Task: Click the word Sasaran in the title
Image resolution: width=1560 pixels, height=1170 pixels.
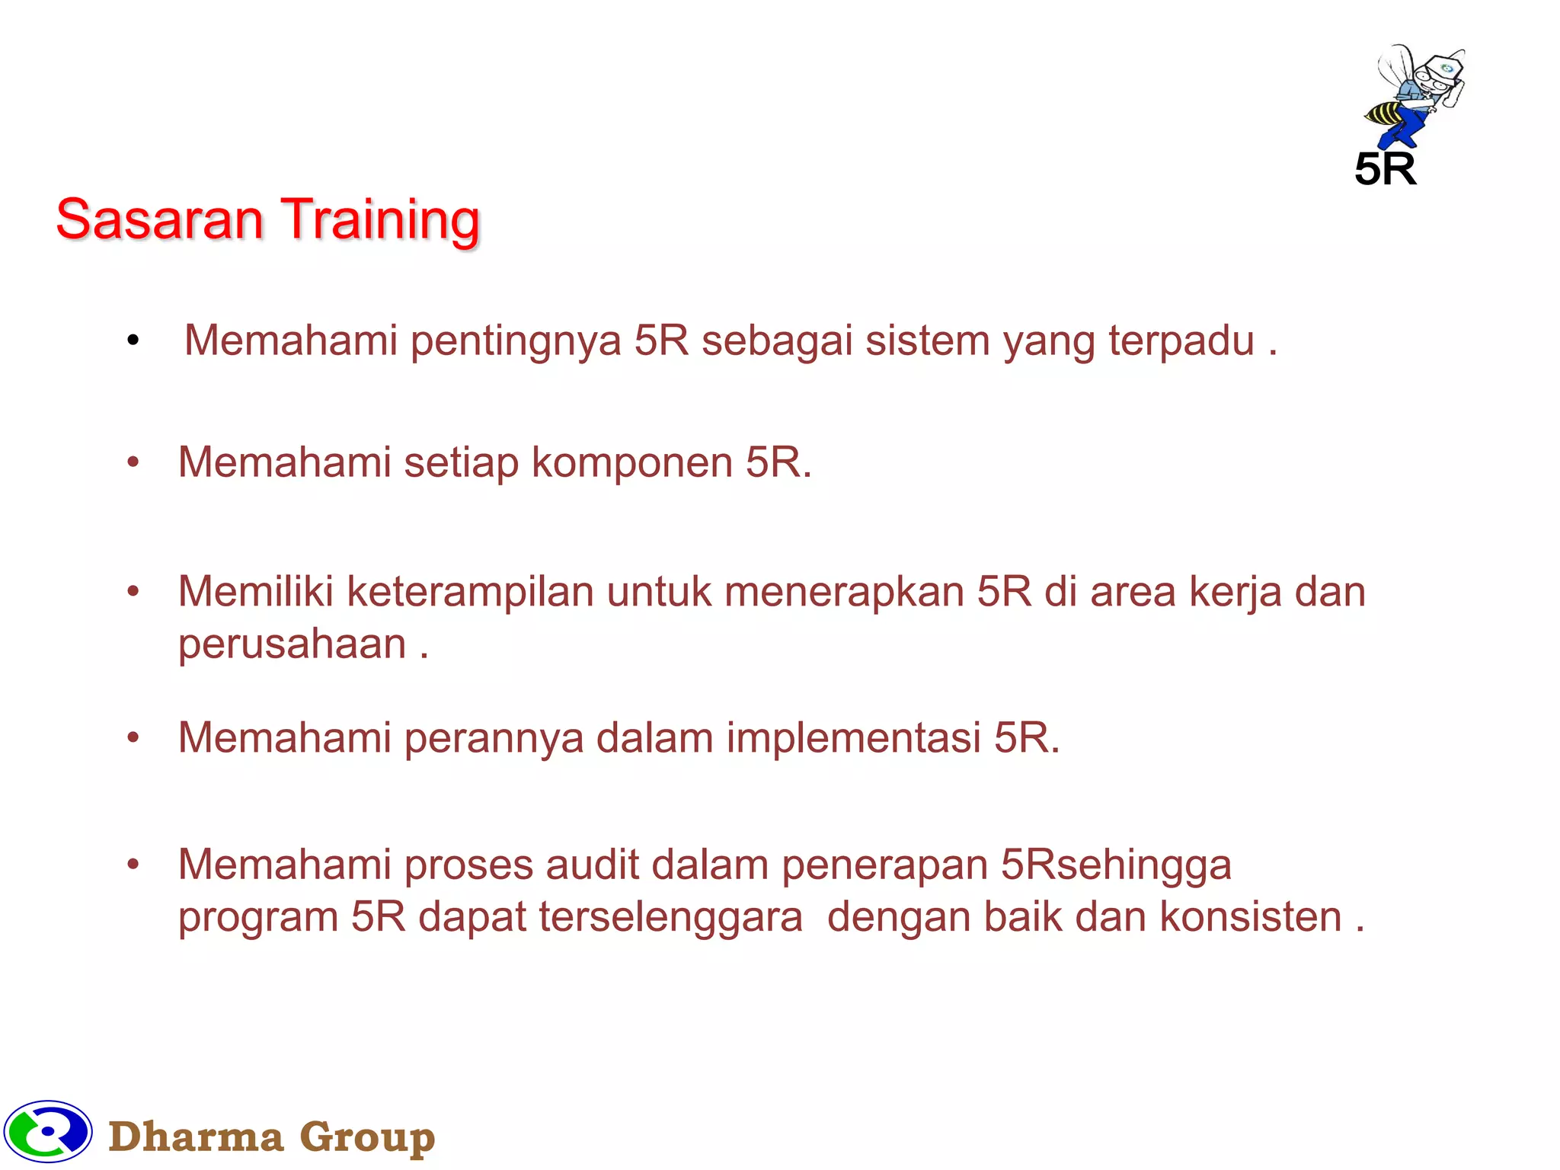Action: tap(159, 219)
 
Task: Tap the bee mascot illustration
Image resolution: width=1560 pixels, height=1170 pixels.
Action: tap(1415, 95)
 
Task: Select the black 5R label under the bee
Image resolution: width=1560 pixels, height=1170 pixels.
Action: tap(1385, 169)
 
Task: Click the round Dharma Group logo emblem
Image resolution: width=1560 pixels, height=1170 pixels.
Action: tap(48, 1132)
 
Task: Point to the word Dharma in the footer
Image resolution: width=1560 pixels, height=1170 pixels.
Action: tap(196, 1137)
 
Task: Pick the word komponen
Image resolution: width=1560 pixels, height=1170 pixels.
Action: tap(631, 463)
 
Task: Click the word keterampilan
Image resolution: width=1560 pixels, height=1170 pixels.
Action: tap(470, 592)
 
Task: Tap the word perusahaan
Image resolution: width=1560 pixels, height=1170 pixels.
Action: tap(292, 644)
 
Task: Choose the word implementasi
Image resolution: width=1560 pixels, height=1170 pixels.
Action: tap(853, 738)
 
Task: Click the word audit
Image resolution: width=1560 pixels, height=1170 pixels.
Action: tap(592, 865)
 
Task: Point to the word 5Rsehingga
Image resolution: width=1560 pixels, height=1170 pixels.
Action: tap(1115, 865)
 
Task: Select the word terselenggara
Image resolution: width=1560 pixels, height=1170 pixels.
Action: tap(670, 916)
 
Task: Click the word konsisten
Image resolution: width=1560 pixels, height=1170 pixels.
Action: tap(1250, 916)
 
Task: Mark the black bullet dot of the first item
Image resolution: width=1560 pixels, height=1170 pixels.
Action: tap(133, 340)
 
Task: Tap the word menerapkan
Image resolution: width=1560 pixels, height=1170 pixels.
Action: tap(844, 592)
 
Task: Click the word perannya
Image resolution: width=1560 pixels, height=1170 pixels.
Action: tap(494, 739)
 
